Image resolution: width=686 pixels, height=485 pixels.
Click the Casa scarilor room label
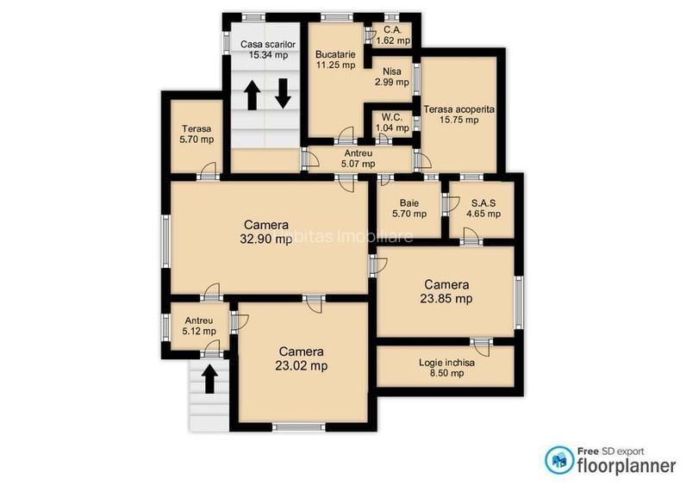pyautogui.click(x=268, y=49)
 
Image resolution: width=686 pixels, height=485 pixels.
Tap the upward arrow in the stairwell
pyautogui.click(x=253, y=95)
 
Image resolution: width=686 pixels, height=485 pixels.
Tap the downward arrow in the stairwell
pyautogui.click(x=283, y=93)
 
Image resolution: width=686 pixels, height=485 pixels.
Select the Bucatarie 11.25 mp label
pyautogui.click(x=335, y=58)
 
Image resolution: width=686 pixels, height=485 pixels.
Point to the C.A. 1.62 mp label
pyautogui.click(x=391, y=34)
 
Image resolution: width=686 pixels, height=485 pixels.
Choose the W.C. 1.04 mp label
pyautogui.click(x=393, y=122)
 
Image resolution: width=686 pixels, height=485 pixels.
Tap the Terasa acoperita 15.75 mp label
pyautogui.click(x=458, y=115)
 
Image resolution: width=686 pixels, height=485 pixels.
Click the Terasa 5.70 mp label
pyautogui.click(x=195, y=134)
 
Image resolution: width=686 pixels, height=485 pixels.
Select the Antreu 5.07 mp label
pyautogui.click(x=358, y=159)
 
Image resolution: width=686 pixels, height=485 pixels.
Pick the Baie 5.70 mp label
pyautogui.click(x=409, y=208)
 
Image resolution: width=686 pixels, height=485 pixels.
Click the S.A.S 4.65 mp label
pyautogui.click(x=483, y=208)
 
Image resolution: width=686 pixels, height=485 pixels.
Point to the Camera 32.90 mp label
pyautogui.click(x=265, y=233)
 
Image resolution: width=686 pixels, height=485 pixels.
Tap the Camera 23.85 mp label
pyautogui.click(x=446, y=291)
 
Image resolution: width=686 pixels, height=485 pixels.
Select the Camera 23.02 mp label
pyautogui.click(x=301, y=358)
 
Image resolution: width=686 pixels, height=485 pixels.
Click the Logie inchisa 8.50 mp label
pyautogui.click(x=447, y=368)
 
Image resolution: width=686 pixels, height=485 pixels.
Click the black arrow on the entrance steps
pyautogui.click(x=208, y=378)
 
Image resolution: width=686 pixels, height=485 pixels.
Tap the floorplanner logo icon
pyautogui.click(x=558, y=459)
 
